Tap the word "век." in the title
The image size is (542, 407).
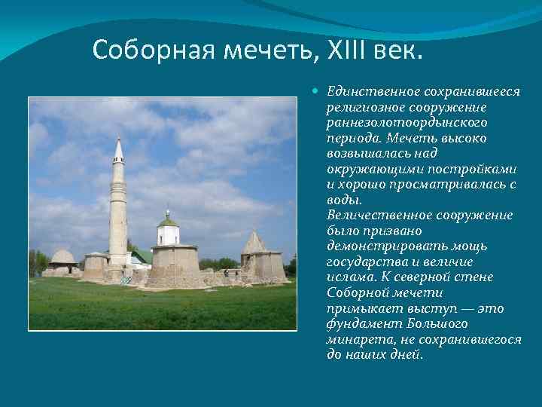click(403, 50)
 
